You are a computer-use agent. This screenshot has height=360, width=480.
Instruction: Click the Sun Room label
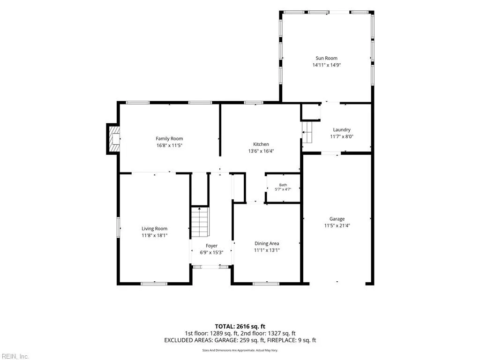coord(326,58)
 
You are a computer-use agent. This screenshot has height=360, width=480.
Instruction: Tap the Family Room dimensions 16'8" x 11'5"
coord(169,145)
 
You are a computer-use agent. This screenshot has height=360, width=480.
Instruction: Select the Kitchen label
coord(261,144)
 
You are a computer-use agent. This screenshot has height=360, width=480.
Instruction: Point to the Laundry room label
coord(342,130)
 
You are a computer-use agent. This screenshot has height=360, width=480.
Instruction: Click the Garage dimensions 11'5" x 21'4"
coord(337,225)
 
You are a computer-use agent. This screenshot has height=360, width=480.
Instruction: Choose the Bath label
coord(283,185)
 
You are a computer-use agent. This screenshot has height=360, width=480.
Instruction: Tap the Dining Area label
coord(267,243)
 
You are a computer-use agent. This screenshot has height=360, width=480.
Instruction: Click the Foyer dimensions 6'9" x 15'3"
coord(211,253)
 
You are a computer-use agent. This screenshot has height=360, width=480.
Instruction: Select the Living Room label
coord(154,229)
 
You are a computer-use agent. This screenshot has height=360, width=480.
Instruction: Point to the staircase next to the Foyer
coord(200,222)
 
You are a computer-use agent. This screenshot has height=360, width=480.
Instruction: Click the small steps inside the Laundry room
coord(307,132)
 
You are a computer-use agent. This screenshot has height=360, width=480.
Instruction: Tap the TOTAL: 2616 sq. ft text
coord(240,326)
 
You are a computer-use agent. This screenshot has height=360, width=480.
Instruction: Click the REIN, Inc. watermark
coord(15,356)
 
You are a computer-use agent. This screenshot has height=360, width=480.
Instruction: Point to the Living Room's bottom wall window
coord(154,284)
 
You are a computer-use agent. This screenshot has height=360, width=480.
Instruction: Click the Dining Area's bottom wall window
coord(266,284)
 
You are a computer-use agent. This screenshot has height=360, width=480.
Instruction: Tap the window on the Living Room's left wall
coord(119,227)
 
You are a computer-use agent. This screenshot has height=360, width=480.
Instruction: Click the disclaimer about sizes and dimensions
coord(240,350)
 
